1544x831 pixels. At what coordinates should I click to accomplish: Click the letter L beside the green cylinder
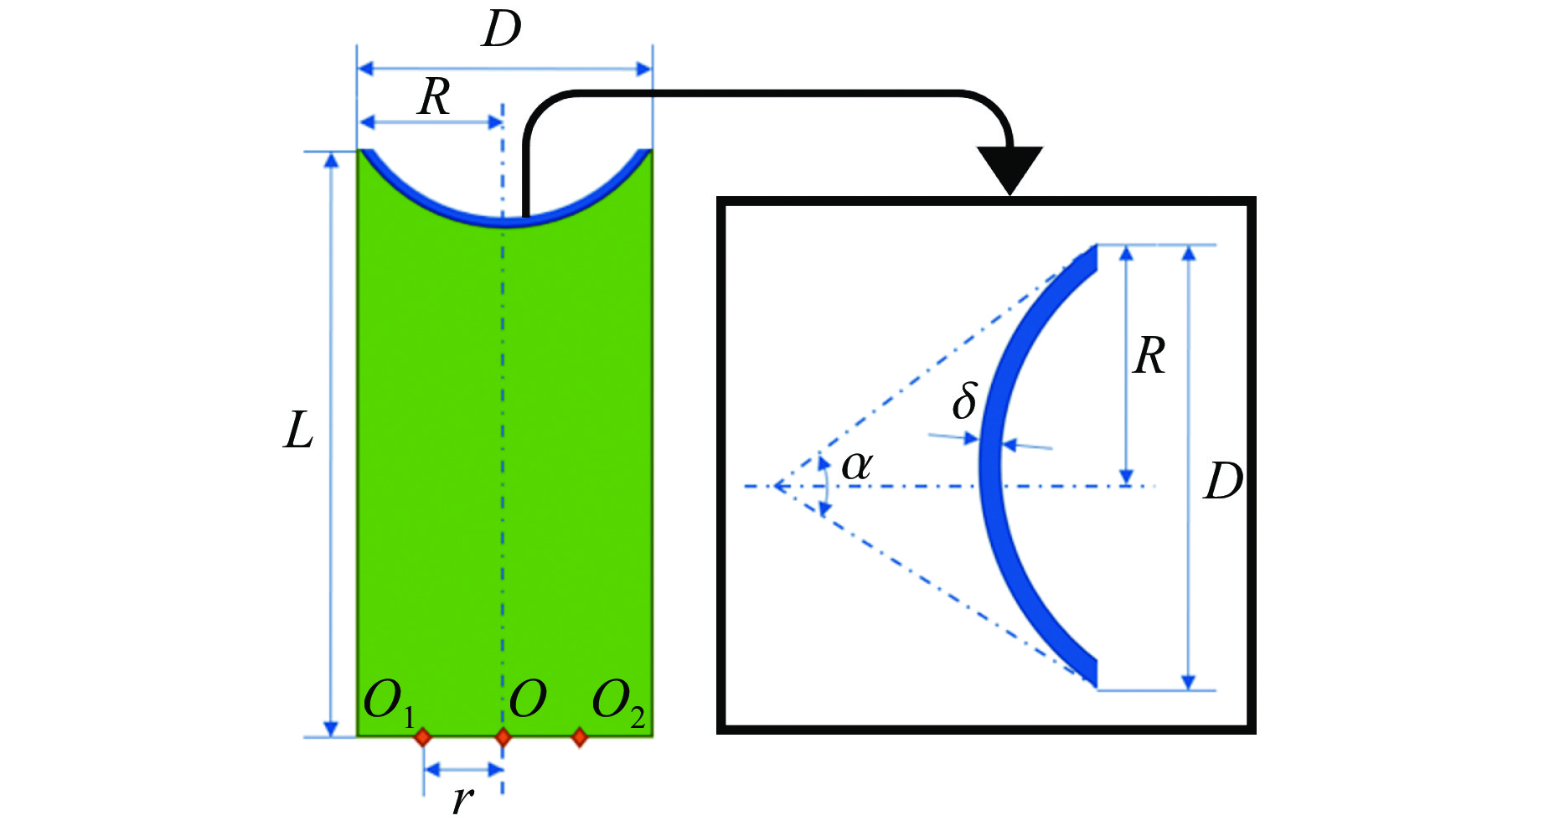tap(298, 431)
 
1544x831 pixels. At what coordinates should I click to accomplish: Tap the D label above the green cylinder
tap(502, 30)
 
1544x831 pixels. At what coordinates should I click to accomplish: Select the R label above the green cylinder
tap(434, 97)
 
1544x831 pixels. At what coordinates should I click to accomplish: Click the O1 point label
tap(389, 702)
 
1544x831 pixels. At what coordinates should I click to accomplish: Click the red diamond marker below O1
tap(423, 737)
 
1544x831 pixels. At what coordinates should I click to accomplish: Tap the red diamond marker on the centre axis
tap(503, 737)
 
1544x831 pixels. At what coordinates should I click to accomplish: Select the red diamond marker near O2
tap(579, 737)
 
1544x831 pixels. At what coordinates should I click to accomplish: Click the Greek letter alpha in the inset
tap(856, 465)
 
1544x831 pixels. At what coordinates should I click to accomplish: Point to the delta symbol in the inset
tap(964, 400)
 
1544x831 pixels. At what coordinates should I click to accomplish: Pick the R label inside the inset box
tap(1149, 356)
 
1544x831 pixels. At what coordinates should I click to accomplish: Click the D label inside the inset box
tap(1223, 482)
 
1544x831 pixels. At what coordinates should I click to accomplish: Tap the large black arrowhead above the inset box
tap(1010, 168)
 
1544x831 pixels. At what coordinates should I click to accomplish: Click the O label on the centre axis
tap(528, 699)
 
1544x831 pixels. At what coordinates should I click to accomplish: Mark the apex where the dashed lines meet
tap(776, 486)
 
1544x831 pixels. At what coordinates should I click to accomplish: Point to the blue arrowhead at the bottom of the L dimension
tap(331, 728)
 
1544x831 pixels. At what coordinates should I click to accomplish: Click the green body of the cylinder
tap(436, 461)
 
